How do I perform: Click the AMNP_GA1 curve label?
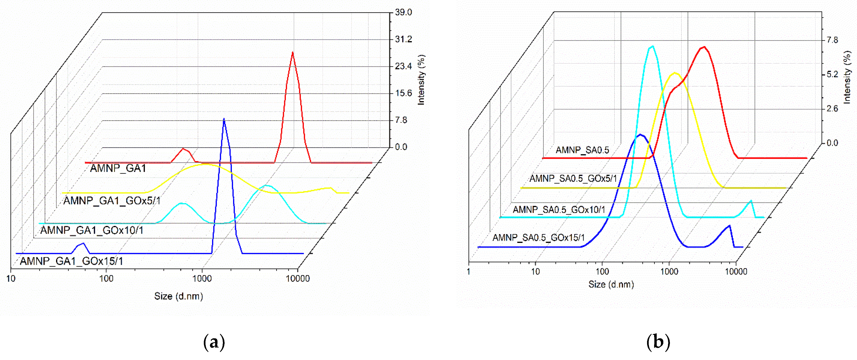(118, 168)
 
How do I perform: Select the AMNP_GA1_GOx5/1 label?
(112, 201)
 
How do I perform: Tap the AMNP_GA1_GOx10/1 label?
(92, 230)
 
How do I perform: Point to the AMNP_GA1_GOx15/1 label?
(72, 261)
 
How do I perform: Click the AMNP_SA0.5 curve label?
(582, 150)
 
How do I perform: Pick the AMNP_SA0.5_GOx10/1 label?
(559, 210)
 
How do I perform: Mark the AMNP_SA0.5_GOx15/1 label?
(538, 237)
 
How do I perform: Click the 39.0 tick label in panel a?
(403, 12)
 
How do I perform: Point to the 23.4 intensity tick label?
(403, 66)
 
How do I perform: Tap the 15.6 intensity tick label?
(403, 93)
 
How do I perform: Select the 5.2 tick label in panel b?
(832, 74)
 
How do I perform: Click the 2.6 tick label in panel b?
(832, 109)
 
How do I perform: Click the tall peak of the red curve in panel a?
(292, 53)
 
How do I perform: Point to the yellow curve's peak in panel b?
(675, 73)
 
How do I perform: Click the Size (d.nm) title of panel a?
(178, 296)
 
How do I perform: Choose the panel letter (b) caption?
(658, 342)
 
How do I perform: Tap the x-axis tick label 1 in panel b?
(468, 271)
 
